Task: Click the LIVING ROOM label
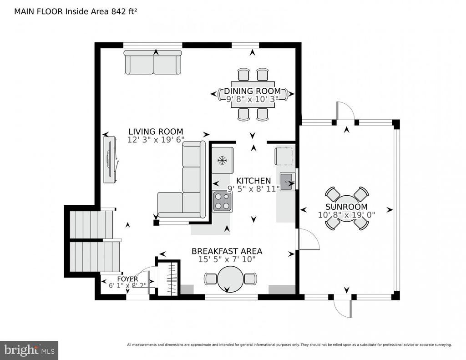[156, 132]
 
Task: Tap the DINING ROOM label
[252, 91]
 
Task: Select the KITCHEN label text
[253, 181]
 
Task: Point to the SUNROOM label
[346, 207]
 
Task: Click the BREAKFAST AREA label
[227, 251]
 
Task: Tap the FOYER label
[127, 279]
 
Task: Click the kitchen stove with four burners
[222, 201]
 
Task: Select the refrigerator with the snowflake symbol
[222, 160]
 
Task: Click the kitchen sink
[287, 181]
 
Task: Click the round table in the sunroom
[346, 208]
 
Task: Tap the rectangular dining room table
[253, 95]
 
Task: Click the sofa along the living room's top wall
[153, 62]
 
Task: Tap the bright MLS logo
[29, 350]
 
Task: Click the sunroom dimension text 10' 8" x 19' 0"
[346, 215]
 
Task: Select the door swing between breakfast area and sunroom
[309, 239]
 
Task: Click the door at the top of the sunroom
[345, 111]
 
